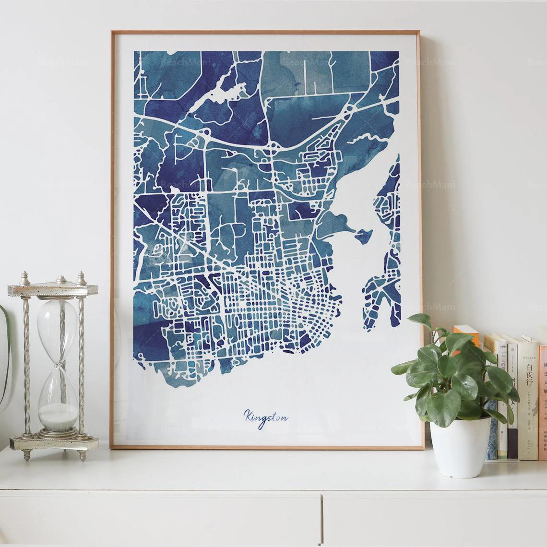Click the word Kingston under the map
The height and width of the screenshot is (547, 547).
265,416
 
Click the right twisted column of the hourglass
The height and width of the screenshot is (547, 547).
81,365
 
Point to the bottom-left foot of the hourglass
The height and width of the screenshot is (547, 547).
23,455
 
